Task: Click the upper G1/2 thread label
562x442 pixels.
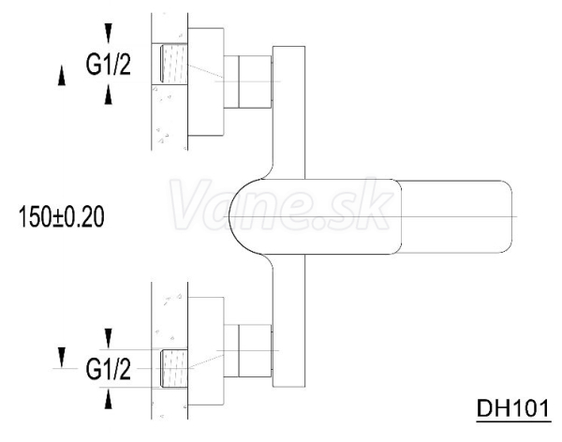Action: pos(109,65)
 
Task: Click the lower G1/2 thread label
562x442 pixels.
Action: pos(109,369)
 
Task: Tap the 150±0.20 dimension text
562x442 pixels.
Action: pos(61,217)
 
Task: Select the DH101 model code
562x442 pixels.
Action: pos(513,408)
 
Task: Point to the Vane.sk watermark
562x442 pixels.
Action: pos(281,205)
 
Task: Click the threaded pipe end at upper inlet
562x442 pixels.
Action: pos(174,64)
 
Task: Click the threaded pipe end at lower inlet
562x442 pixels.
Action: pos(174,368)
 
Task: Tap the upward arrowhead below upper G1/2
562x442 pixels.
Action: pos(109,95)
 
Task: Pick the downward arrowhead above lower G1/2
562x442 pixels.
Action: pos(109,338)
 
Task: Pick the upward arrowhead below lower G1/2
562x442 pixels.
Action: pos(109,399)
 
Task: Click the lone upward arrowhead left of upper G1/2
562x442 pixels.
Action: pos(62,76)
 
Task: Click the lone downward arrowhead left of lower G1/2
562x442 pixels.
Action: pos(62,358)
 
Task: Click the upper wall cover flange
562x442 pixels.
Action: pos(206,81)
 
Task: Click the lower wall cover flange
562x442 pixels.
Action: pos(206,351)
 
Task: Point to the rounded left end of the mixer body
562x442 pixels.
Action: pos(230,216)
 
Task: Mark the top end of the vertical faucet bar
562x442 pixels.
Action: pos(288,47)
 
